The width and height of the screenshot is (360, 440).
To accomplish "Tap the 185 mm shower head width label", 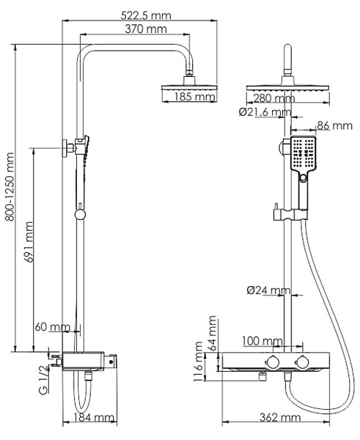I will click(x=195, y=96).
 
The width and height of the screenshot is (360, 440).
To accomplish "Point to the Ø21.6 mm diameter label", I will click(x=265, y=112).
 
